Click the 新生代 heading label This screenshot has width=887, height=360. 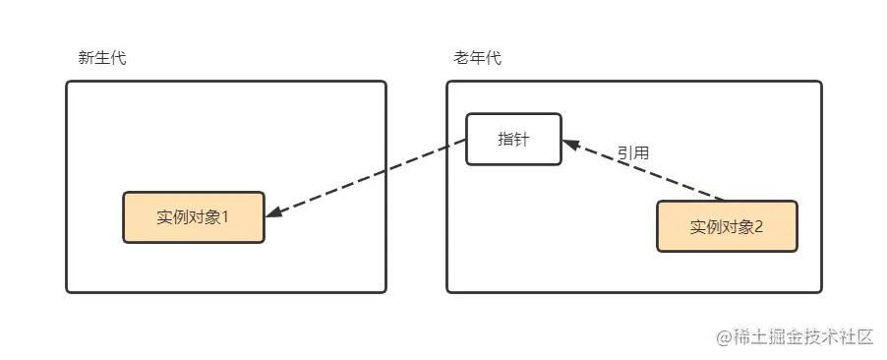pos(102,58)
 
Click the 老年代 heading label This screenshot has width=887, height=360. pos(478,58)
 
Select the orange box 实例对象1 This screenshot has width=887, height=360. pos(193,216)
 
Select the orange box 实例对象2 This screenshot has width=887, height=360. pos(727,226)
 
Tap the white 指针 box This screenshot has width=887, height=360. pos(513,139)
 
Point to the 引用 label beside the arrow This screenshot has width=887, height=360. pos(632,153)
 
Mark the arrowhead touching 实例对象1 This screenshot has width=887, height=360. pos(274,211)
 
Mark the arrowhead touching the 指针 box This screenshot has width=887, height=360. pos(570,144)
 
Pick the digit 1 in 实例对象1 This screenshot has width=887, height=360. pos(224,216)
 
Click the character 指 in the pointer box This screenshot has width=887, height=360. pos(505,139)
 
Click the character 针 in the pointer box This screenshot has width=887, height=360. pos(521,139)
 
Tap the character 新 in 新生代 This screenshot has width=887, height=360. pos(87,58)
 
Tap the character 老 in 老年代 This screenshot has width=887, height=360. pos(462,58)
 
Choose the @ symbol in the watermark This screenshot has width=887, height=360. pos(724,336)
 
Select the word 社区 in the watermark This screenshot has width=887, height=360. pos(856,336)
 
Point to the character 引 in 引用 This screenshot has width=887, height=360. pos(624,153)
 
